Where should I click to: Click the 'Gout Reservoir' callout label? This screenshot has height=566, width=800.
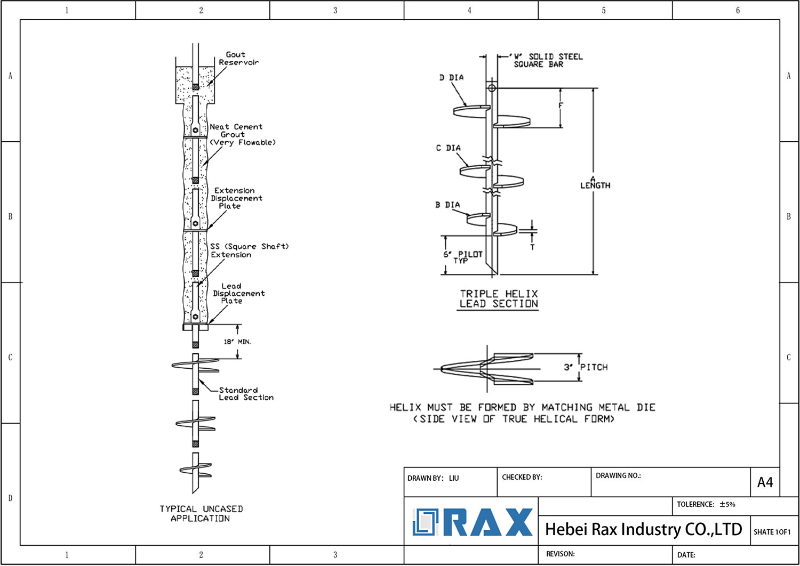point(238,59)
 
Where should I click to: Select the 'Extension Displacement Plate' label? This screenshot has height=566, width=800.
point(236,198)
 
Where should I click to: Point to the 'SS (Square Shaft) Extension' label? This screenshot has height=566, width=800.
point(249,250)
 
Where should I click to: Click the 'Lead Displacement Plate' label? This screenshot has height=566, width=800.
point(238,294)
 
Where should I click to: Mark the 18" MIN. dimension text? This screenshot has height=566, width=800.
point(237,342)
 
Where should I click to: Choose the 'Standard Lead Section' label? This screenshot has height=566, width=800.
point(246,394)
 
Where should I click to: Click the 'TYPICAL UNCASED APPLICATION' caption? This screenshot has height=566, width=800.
point(201,514)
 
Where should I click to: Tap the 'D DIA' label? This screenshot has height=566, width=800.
point(451,78)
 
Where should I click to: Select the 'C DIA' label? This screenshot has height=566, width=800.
point(448,148)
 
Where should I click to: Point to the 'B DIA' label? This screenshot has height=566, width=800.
point(447,205)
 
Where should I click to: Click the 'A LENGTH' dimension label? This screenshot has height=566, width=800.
point(595,183)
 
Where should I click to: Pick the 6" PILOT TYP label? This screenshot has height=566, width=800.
point(462,257)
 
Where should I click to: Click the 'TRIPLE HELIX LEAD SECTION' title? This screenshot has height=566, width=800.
point(499,299)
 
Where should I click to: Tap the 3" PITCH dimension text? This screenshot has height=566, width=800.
point(586,367)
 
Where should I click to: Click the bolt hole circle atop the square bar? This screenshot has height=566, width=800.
point(492,88)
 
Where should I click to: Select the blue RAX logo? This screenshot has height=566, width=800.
point(473,522)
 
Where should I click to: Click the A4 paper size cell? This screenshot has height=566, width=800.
point(765,482)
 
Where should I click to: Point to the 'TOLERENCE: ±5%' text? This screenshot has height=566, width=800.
point(706,504)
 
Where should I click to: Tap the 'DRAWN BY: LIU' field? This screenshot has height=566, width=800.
point(433,478)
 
